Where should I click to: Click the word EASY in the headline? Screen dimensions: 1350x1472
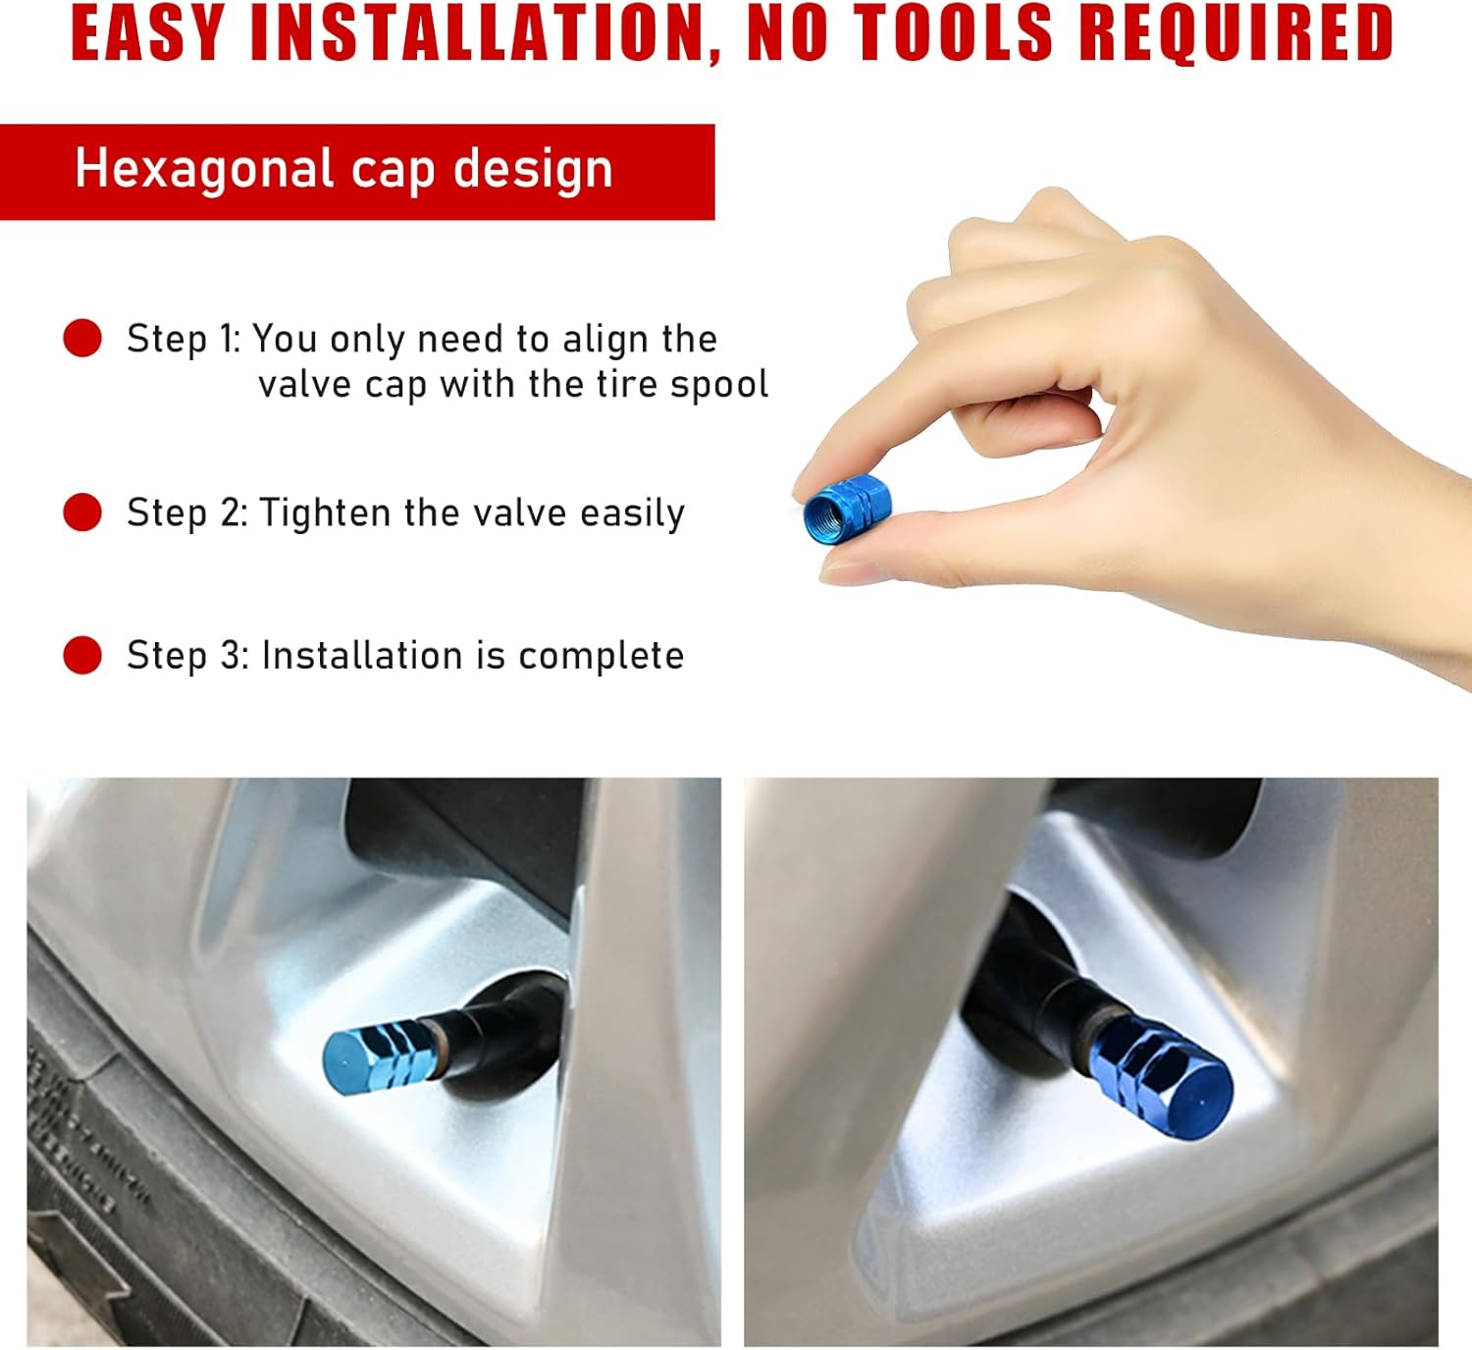click(x=147, y=33)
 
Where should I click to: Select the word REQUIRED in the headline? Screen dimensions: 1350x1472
click(x=1235, y=33)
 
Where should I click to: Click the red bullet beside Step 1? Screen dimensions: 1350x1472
click(x=82, y=338)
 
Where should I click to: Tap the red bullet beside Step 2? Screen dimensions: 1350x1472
click(x=82, y=512)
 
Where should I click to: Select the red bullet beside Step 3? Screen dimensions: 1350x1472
click(x=82, y=655)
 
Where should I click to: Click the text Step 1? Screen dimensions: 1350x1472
click(x=183, y=339)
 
